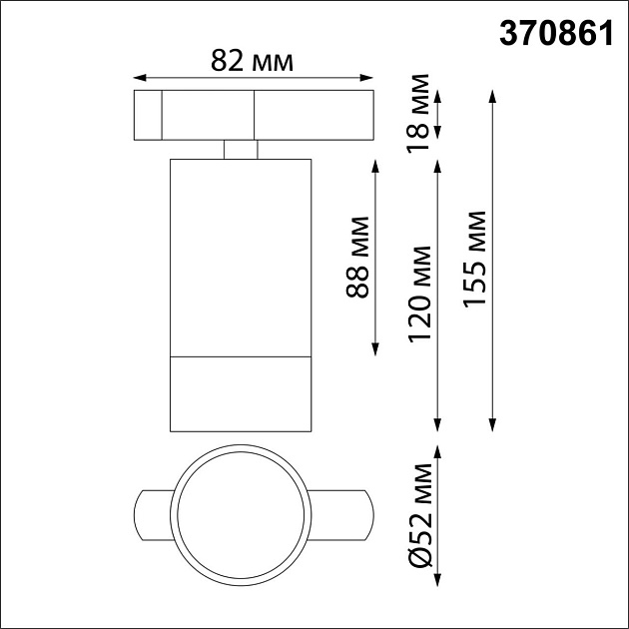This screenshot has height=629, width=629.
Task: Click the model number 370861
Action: [x=555, y=34]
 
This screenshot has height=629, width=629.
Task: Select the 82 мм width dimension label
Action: [x=253, y=61]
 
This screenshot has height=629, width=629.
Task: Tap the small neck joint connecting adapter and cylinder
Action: [x=241, y=149]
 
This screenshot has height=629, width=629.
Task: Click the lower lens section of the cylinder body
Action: [x=240, y=393]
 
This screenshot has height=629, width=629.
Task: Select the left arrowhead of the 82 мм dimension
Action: [x=139, y=76]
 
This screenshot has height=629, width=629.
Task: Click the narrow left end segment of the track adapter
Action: [x=148, y=115]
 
